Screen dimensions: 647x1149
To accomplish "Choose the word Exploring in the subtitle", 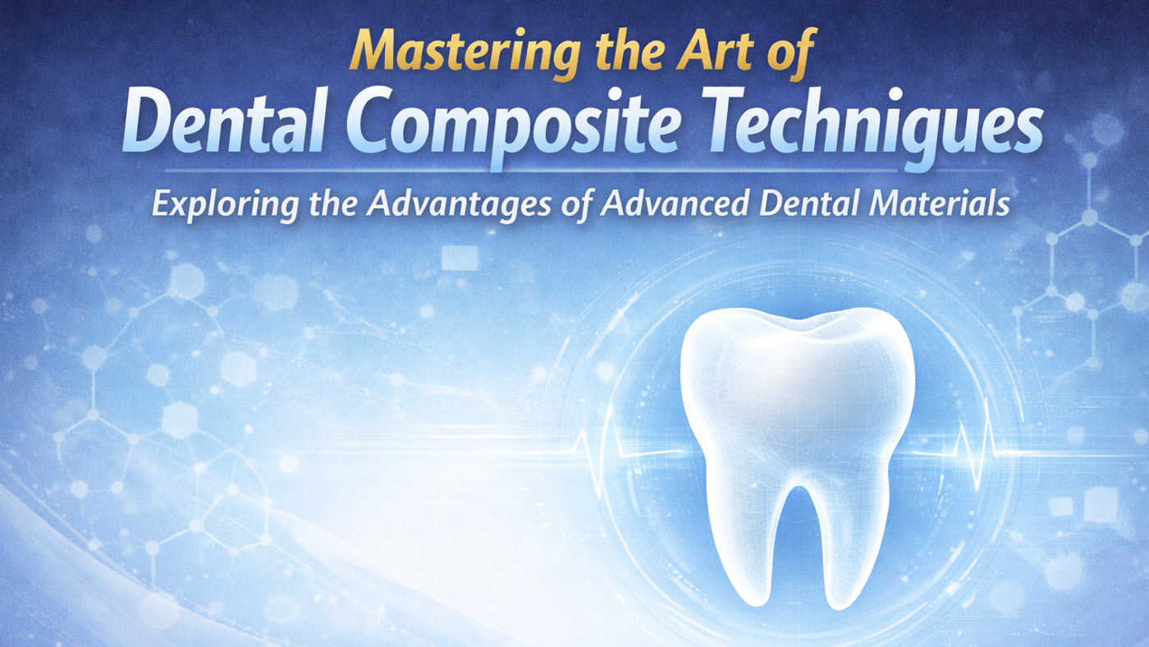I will point(213,204).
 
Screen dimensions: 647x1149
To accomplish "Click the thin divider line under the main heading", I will point(574,171).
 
